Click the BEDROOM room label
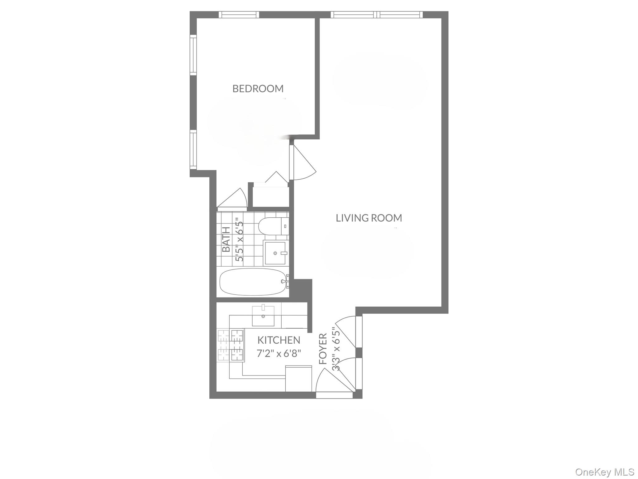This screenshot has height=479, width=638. tap(258, 89)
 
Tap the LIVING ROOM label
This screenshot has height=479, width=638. tap(369, 218)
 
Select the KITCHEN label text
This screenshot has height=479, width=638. tap(279, 340)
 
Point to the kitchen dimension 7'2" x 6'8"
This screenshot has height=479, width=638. tap(279, 353)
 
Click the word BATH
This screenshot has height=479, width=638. tap(226, 239)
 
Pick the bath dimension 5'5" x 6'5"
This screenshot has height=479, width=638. tap(239, 241)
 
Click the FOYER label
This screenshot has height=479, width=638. tap(323, 349)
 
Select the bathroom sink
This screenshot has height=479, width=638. tap(274, 253)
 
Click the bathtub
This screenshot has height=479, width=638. tap(253, 282)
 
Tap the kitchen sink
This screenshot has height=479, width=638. tap(263, 316)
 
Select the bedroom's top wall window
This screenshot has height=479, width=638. tap(239, 14)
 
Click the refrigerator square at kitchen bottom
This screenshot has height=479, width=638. tap(298, 378)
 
